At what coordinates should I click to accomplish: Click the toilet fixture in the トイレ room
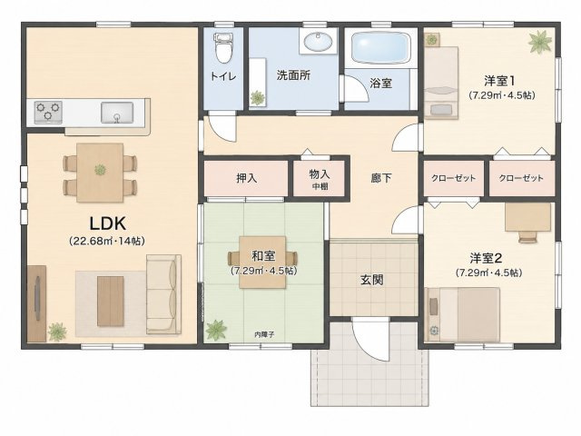click(222, 47)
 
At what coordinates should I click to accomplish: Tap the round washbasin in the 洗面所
click(318, 41)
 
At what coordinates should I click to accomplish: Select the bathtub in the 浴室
click(380, 48)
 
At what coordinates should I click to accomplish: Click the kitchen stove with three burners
click(48, 112)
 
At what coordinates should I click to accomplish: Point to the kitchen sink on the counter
click(117, 113)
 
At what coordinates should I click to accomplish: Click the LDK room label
click(108, 223)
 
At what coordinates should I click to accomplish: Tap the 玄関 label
click(371, 280)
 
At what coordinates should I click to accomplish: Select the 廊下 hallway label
click(381, 178)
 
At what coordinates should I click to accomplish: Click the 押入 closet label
click(246, 178)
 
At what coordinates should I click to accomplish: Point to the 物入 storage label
click(320, 173)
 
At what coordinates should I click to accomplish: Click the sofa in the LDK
click(163, 294)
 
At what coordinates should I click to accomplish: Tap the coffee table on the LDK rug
click(111, 301)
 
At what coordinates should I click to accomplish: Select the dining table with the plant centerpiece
click(100, 173)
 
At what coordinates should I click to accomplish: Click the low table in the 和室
click(262, 263)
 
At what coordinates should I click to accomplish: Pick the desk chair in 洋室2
click(528, 236)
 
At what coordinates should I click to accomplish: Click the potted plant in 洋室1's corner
click(540, 41)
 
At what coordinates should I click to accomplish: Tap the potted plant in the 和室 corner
click(216, 330)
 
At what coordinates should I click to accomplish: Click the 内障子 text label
click(264, 334)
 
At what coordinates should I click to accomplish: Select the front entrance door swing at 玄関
click(370, 339)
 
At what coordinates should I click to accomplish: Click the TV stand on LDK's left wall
click(36, 303)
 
